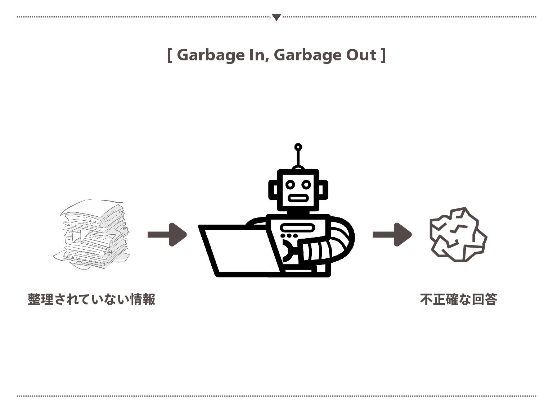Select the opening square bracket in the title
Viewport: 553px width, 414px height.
click(170, 55)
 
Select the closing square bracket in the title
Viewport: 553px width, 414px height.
click(383, 55)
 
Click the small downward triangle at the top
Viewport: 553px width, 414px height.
click(276, 17)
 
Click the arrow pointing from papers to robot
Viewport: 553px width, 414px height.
click(167, 235)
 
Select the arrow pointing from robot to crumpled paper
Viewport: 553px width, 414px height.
click(392, 235)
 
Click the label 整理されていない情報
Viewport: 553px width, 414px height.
click(91, 299)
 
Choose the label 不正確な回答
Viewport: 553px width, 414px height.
click(458, 299)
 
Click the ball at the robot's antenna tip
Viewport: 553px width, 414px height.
click(298, 147)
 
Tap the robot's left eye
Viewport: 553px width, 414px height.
click(290, 185)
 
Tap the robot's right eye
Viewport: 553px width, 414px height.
click(306, 185)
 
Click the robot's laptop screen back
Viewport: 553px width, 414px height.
click(239, 250)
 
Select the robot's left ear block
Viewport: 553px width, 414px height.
click(273, 190)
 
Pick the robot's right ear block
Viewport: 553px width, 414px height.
click(324, 190)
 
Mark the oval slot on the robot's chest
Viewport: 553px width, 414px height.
click(298, 227)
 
